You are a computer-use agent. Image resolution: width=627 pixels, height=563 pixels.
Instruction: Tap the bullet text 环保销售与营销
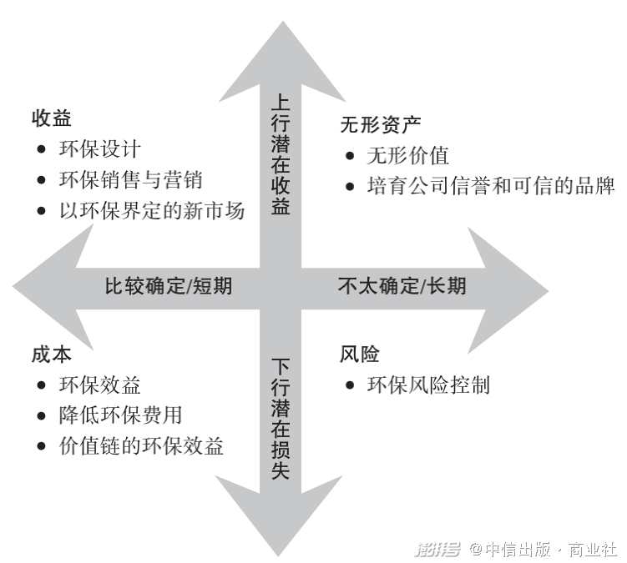[x=131, y=180]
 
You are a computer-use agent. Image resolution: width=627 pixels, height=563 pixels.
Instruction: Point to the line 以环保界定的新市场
[x=152, y=211]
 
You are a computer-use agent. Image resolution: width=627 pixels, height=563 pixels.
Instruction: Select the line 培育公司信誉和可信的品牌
[x=490, y=186]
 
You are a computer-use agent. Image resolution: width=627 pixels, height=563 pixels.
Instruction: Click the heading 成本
[x=52, y=354]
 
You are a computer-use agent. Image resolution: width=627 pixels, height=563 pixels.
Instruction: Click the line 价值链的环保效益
[x=141, y=446]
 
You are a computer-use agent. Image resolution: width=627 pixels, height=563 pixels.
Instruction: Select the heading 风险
[x=360, y=354]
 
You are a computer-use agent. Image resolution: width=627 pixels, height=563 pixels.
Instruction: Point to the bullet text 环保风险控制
[x=427, y=385]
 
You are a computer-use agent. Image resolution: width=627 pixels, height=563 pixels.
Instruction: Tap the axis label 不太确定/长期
[x=402, y=287]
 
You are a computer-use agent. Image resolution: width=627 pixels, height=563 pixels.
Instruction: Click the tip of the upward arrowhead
[x=281, y=23]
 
